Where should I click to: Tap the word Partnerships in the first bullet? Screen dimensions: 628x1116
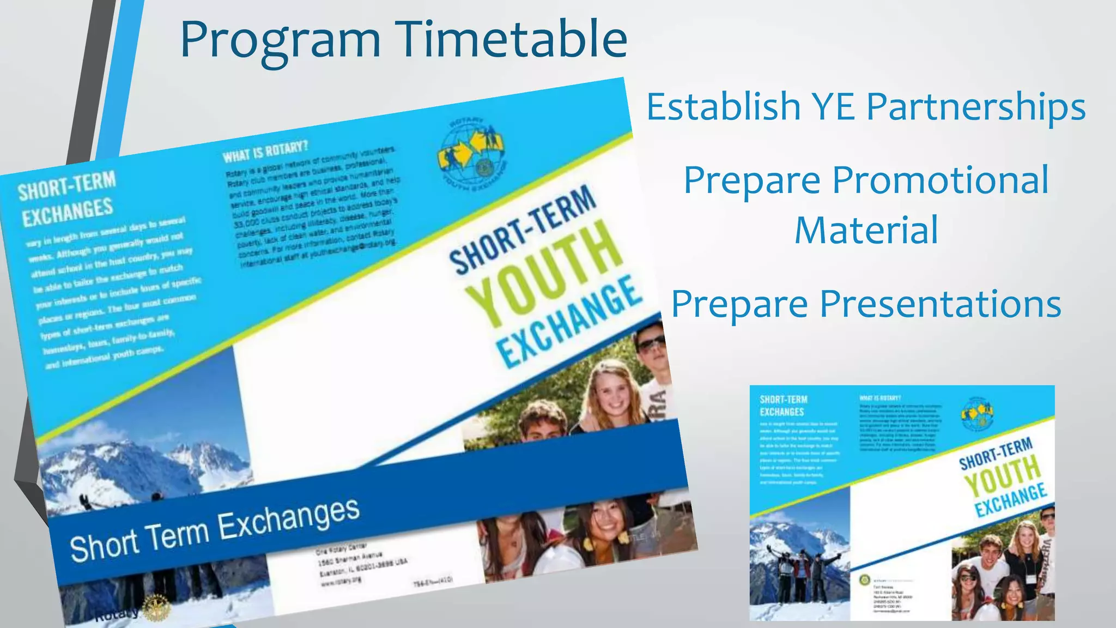[x=976, y=106]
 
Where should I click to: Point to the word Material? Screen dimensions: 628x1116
[x=866, y=230]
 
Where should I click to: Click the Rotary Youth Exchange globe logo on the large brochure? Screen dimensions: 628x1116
[x=472, y=152]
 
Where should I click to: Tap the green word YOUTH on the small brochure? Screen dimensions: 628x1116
[x=1002, y=475]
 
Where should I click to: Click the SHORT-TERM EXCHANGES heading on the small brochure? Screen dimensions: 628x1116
[x=783, y=406]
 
